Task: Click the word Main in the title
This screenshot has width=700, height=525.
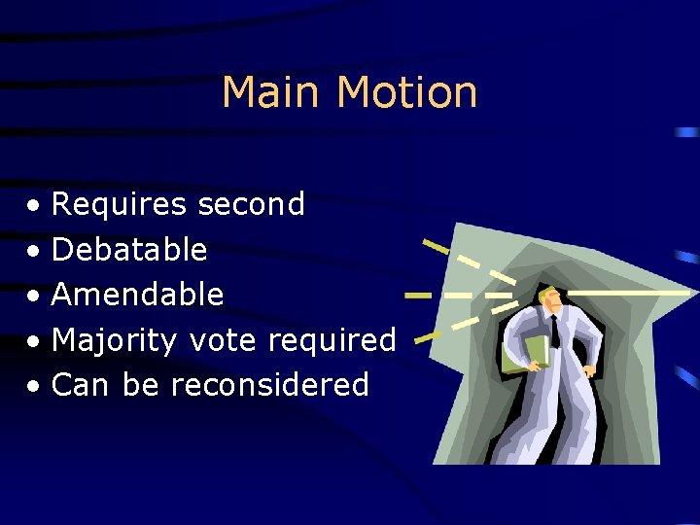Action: (272, 93)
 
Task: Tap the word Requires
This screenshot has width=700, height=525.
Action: (119, 205)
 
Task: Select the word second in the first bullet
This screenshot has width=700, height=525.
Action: (251, 205)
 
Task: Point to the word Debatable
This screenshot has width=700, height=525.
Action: (129, 250)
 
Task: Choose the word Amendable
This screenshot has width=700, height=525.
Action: (137, 295)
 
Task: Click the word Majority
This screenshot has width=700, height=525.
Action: (114, 341)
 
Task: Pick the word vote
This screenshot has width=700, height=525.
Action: (223, 341)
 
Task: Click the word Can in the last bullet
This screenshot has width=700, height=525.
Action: (80, 386)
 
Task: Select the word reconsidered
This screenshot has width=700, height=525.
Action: (269, 386)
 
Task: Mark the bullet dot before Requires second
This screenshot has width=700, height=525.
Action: (34, 207)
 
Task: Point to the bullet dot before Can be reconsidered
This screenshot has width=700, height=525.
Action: (34, 387)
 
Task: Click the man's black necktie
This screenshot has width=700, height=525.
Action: (554, 331)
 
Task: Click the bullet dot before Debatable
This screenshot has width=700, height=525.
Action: (34, 252)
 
